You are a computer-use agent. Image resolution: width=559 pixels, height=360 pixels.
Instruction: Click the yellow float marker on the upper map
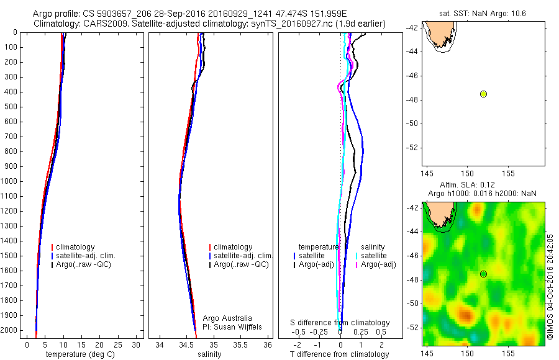tap(483, 94)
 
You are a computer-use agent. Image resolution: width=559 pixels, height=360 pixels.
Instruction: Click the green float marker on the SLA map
tap(483, 274)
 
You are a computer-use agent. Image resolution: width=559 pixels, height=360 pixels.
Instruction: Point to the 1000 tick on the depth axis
tap(11, 181)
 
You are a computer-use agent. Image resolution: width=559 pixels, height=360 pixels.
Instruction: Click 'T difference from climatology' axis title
tap(340, 354)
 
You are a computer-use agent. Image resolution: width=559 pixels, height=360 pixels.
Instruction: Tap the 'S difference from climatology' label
tap(340, 323)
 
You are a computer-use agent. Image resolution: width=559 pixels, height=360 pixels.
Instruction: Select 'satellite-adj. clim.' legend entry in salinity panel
tap(243, 256)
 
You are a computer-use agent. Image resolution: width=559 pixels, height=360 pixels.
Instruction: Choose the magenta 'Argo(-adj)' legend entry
tap(378, 264)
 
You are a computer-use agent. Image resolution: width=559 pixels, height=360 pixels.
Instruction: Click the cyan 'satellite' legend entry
tap(373, 256)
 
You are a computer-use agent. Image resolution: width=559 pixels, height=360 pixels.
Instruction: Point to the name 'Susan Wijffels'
tap(234, 326)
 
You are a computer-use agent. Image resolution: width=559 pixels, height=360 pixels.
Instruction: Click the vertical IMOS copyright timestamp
tap(550, 287)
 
